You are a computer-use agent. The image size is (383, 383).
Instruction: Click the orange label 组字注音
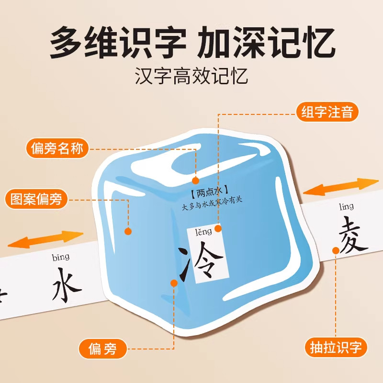tap(327, 112)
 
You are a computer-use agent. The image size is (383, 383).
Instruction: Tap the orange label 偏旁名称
tap(56, 149)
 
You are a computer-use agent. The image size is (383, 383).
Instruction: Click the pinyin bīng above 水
tap(60, 258)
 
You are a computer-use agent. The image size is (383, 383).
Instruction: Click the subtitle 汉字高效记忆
tap(191, 77)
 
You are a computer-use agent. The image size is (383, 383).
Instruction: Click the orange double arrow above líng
tap(341, 187)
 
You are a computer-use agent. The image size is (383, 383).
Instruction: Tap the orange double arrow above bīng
tap(45, 238)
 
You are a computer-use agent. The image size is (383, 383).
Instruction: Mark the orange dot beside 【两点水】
tap(195, 180)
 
